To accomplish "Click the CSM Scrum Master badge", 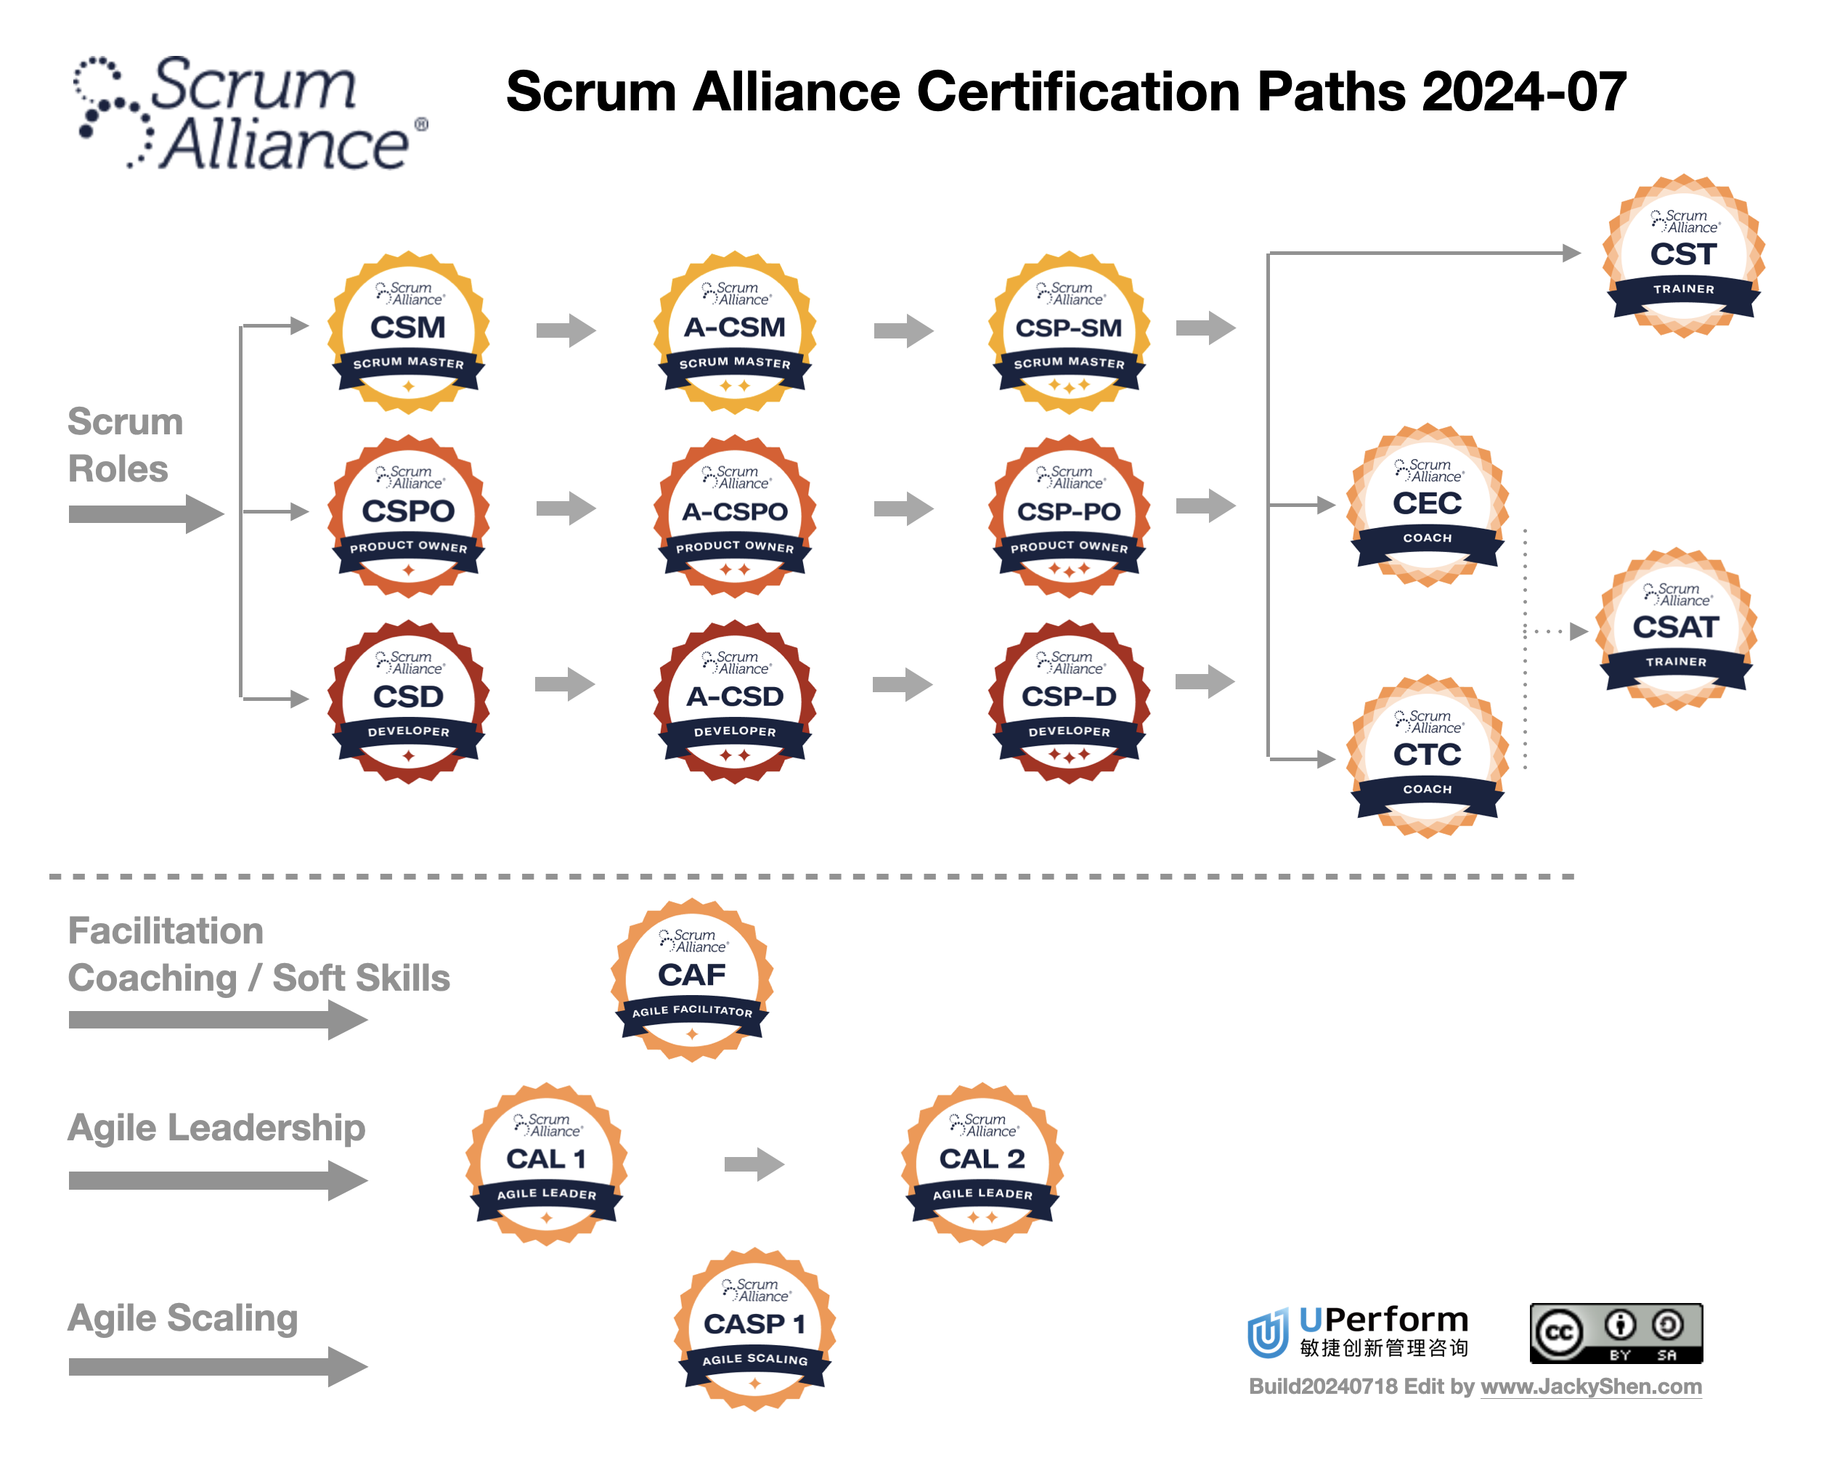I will pyautogui.click(x=409, y=333).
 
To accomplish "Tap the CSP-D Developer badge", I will pyautogui.click(x=1069, y=702).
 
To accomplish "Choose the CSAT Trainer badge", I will pyautogui.click(x=1675, y=630).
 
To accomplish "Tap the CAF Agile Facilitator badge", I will pyautogui.click(x=691, y=980).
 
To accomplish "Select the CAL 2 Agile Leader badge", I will pyautogui.click(x=982, y=1164).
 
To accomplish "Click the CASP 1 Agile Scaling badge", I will pyautogui.click(x=754, y=1328).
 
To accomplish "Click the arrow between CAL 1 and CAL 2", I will pyautogui.click(x=754, y=1164).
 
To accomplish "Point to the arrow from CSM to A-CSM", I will pyautogui.click(x=565, y=330).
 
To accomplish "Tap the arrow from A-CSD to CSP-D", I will pyautogui.click(x=902, y=683).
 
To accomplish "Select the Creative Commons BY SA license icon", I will pyautogui.click(x=1615, y=1333).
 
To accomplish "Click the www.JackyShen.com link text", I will pyautogui.click(x=1589, y=1387).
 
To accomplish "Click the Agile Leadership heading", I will pyautogui.click(x=216, y=1128).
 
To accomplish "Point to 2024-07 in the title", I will pyautogui.click(x=1523, y=92).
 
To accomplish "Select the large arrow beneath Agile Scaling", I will pyautogui.click(x=217, y=1366).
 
